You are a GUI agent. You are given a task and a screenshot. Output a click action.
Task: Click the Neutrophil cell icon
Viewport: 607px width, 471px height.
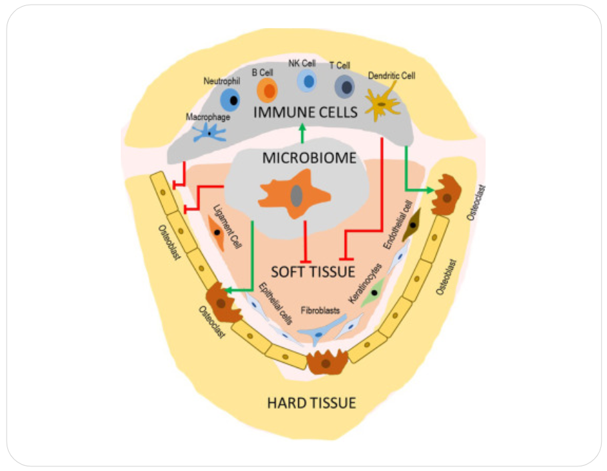pyautogui.click(x=230, y=100)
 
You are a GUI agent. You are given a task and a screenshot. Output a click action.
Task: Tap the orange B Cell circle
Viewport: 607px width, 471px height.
pyautogui.click(x=267, y=90)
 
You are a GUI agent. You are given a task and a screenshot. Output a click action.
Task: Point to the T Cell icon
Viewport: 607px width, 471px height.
pyautogui.click(x=345, y=86)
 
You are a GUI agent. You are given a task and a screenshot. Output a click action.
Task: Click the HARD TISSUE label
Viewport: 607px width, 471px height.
pyautogui.click(x=311, y=403)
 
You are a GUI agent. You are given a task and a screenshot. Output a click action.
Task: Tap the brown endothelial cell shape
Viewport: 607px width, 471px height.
pyautogui.click(x=414, y=224)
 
